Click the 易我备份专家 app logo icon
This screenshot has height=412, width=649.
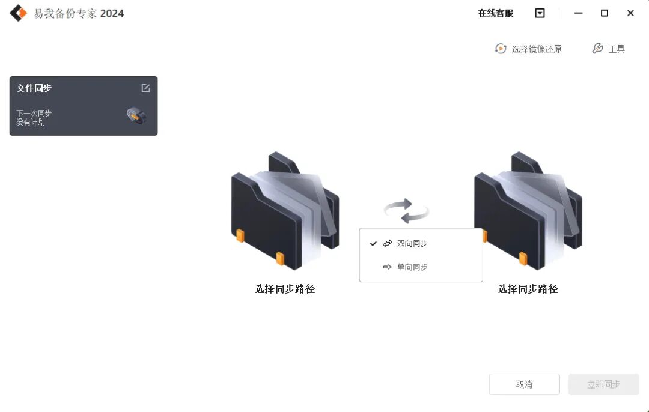[19, 13]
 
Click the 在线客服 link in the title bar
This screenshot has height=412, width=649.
[496, 13]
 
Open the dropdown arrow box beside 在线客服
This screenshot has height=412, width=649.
[540, 13]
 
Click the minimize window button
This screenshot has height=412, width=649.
[578, 13]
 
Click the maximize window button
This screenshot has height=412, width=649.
[605, 13]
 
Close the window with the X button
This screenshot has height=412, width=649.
[630, 13]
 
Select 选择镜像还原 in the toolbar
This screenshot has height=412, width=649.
[529, 49]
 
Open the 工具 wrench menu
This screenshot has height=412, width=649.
[609, 49]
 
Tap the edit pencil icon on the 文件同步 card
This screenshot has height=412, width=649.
[145, 88]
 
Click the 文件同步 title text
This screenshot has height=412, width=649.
[34, 88]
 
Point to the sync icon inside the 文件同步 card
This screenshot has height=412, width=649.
[136, 115]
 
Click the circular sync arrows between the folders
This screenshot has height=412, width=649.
[407, 211]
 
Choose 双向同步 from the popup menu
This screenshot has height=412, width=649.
[412, 244]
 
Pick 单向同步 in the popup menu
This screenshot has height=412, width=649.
[412, 267]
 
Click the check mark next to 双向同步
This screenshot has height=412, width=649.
[373, 244]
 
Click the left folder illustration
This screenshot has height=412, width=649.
[285, 210]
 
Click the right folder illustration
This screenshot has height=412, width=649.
[528, 210]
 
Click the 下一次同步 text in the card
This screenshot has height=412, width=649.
[34, 113]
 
